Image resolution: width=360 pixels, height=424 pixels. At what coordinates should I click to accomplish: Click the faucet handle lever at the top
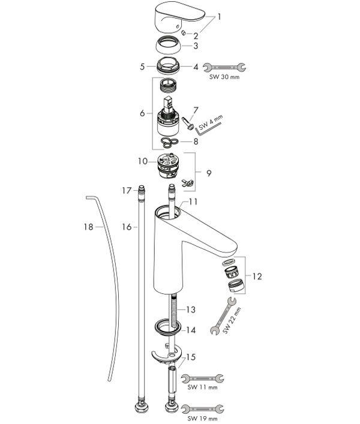[179, 18]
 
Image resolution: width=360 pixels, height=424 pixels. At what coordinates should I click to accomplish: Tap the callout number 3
[196, 46]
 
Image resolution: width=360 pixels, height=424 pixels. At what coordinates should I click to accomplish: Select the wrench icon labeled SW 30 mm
[224, 67]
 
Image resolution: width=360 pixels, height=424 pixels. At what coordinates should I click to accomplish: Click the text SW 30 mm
[224, 77]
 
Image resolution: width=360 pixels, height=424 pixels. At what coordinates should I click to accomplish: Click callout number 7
[196, 110]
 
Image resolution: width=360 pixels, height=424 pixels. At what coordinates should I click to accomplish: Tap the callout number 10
[143, 161]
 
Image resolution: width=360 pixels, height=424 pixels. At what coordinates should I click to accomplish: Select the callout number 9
[209, 173]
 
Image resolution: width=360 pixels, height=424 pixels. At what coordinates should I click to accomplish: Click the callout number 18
[88, 227]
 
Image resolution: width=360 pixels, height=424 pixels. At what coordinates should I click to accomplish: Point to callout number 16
[127, 227]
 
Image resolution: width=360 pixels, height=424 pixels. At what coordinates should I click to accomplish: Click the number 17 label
[127, 191]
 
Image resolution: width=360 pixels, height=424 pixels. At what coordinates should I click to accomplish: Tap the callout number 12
[257, 276]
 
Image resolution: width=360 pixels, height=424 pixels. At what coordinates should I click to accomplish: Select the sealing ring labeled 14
[167, 327]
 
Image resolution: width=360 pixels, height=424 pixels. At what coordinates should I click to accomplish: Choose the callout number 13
[191, 309]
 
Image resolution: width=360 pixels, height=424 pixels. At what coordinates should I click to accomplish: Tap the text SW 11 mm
[202, 387]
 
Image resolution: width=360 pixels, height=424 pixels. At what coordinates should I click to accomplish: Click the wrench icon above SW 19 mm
[202, 409]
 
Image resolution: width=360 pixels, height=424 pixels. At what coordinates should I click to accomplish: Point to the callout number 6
[143, 113]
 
